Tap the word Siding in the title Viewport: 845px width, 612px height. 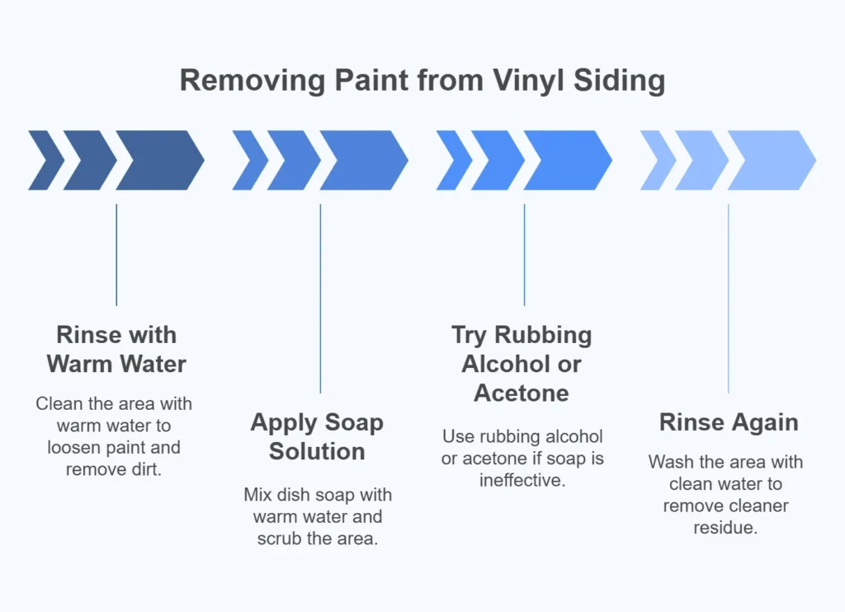(x=619, y=81)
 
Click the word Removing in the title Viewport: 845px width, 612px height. (x=253, y=80)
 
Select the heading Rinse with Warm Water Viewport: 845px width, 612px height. (x=116, y=349)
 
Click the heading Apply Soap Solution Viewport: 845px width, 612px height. (x=317, y=437)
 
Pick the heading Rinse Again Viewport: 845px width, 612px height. (x=729, y=422)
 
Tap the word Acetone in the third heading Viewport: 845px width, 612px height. (x=522, y=393)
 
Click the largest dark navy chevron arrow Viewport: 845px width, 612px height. (x=160, y=160)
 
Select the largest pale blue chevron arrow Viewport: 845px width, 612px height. (x=772, y=160)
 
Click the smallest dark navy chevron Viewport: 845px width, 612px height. (x=46, y=160)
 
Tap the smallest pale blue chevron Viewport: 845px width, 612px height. (x=658, y=160)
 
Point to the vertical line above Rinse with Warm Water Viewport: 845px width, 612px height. (x=116, y=255)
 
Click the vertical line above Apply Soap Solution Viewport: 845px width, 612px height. (x=321, y=299)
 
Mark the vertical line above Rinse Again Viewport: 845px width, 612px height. (x=729, y=299)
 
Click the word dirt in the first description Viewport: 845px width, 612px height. (x=147, y=469)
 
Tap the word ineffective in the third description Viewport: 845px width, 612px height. (x=522, y=480)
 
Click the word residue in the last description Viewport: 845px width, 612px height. (x=725, y=527)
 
